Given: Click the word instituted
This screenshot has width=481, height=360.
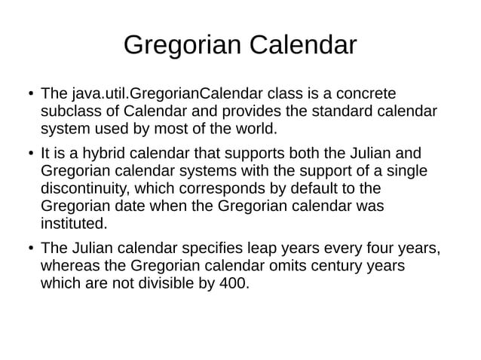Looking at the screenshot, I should tap(73, 223).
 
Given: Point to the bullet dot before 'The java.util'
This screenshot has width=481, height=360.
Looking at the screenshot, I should tap(28, 96).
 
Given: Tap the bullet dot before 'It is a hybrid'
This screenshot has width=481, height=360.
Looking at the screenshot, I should tap(28, 154).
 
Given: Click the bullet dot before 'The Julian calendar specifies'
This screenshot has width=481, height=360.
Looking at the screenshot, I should tap(28, 249).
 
